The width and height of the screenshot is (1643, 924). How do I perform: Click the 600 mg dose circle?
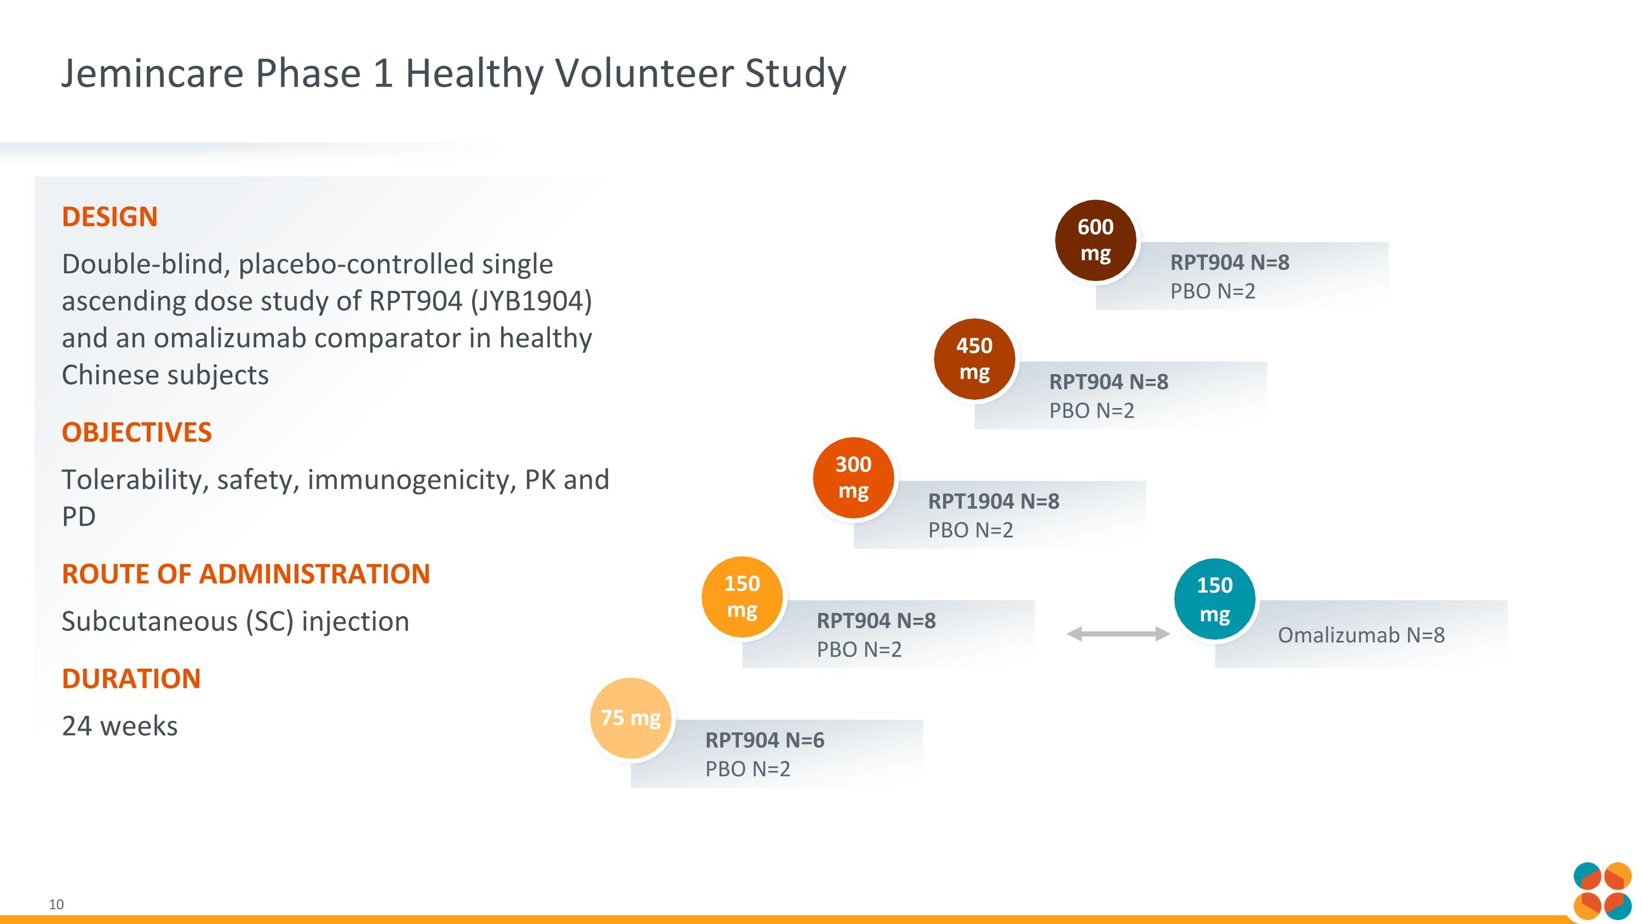[1095, 240]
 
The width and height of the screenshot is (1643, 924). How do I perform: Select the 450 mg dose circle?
[974, 359]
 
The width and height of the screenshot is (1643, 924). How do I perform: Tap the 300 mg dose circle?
[853, 478]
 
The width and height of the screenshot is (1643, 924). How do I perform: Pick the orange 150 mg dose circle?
[742, 597]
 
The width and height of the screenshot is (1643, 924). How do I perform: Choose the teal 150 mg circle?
[1214, 599]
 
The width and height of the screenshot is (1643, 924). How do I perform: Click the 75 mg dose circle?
[630, 718]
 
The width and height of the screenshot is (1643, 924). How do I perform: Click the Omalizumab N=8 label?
[1361, 635]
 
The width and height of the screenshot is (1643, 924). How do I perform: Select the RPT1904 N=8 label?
[993, 501]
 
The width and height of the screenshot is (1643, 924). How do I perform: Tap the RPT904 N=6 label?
[764, 740]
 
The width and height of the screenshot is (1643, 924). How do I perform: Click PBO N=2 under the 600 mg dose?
[1213, 291]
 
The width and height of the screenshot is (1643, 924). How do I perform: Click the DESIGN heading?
[110, 217]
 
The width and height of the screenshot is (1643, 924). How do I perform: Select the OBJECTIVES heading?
[136, 432]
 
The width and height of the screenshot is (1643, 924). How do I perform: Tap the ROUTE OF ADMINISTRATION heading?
[245, 574]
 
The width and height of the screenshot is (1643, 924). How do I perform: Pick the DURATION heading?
[131, 679]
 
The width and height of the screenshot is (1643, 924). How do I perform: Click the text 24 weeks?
[119, 726]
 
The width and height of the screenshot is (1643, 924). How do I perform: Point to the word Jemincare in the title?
[152, 73]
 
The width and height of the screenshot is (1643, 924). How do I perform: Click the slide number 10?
[56, 904]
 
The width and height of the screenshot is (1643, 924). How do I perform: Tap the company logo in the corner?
[1601, 891]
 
